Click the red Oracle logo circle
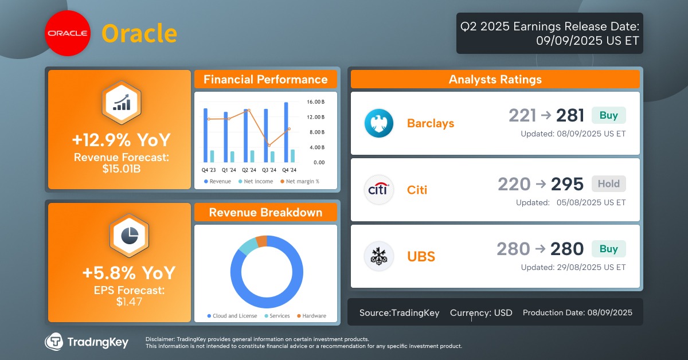(x=67, y=34)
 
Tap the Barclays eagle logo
(x=379, y=123)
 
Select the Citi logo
(x=379, y=190)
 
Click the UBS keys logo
(x=379, y=256)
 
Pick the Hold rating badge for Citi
(x=609, y=183)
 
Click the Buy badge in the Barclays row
(x=609, y=115)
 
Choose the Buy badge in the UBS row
(x=609, y=249)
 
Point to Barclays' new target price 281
(x=570, y=116)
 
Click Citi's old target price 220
(x=514, y=184)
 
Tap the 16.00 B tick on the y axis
(x=316, y=102)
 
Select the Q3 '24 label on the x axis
(x=268, y=170)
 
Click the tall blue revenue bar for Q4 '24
(x=286, y=132)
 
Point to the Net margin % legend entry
(x=300, y=182)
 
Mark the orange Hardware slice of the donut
(x=262, y=241)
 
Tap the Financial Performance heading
(x=265, y=80)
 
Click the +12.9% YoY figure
(x=120, y=140)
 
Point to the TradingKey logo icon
(x=54, y=342)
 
